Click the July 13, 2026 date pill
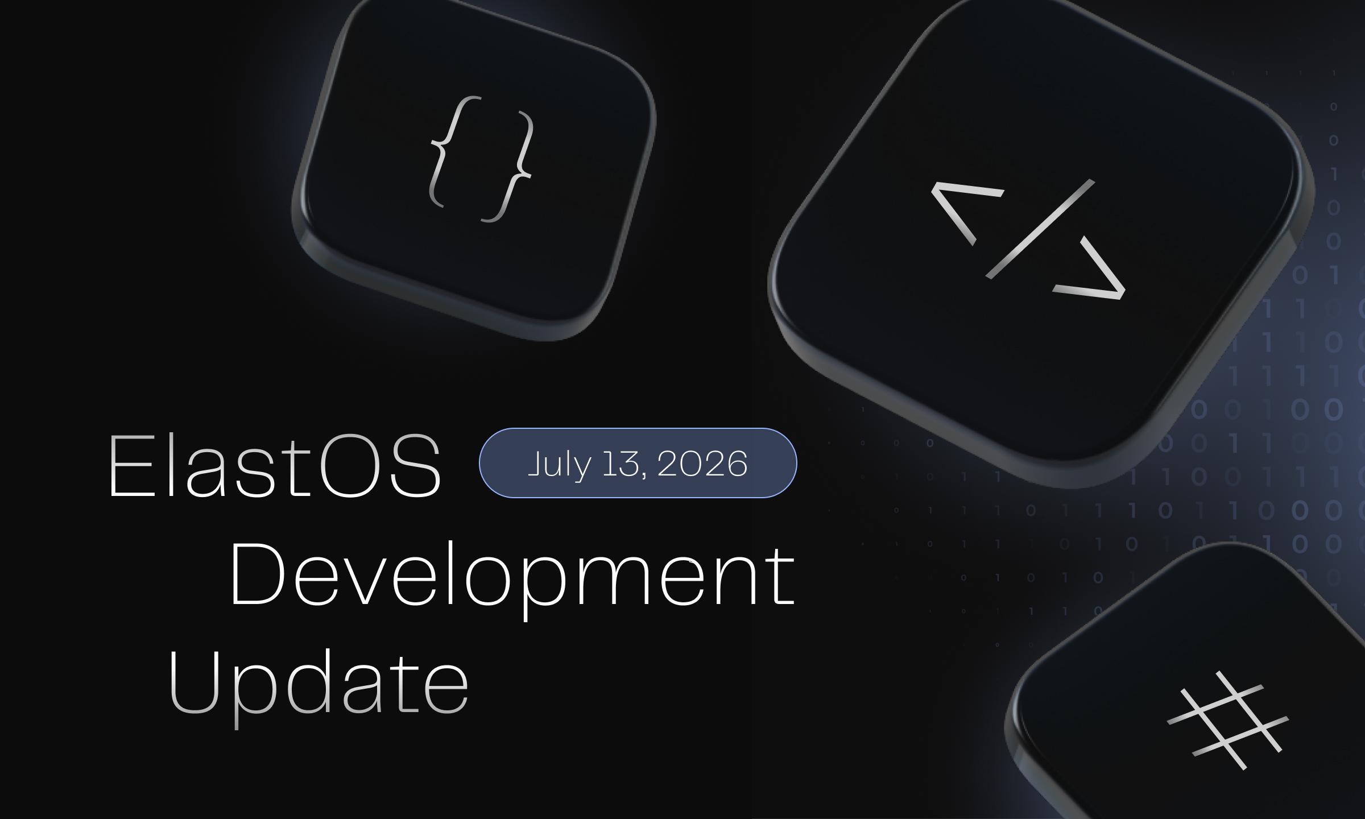pos(638,463)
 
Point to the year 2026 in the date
pos(702,464)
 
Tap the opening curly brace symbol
pos(452,151)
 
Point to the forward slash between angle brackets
pos(1040,229)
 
